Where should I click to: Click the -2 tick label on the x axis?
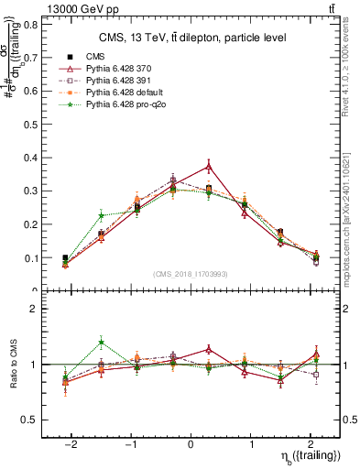coord(72,443)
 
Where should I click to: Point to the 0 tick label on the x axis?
coord(191,443)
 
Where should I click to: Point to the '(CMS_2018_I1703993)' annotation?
coord(191,273)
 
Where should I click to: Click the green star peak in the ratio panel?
coord(102,343)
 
